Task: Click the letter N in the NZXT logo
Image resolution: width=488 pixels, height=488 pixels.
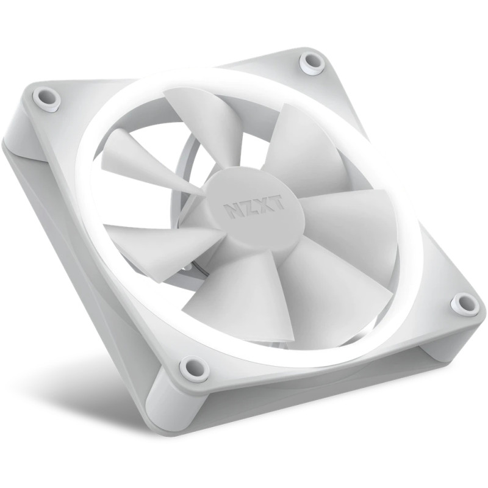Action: tap(233, 209)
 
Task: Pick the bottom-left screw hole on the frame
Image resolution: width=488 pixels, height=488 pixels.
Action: tap(191, 368)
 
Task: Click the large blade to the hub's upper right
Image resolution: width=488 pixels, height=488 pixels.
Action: tap(305, 146)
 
